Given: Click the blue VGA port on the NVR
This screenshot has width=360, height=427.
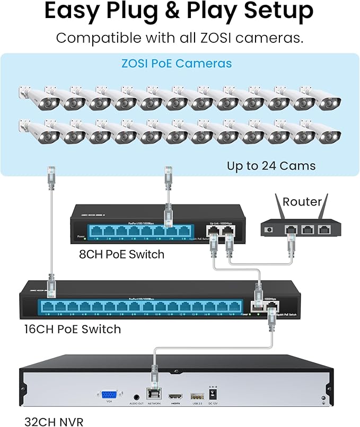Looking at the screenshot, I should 109,395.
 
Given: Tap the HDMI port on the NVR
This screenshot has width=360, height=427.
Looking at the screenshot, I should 174,396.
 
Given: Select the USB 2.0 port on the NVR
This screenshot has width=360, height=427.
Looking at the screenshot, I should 196,396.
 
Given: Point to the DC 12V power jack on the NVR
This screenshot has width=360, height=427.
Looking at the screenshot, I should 215,395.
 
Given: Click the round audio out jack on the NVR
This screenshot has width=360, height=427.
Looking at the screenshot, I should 137,395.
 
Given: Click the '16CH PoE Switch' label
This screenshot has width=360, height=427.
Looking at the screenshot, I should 73,329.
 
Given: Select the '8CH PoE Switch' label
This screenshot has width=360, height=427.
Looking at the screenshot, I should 121,254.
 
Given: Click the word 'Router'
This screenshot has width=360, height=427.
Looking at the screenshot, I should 302,201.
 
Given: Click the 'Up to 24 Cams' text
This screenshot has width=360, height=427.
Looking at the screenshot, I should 271,166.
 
